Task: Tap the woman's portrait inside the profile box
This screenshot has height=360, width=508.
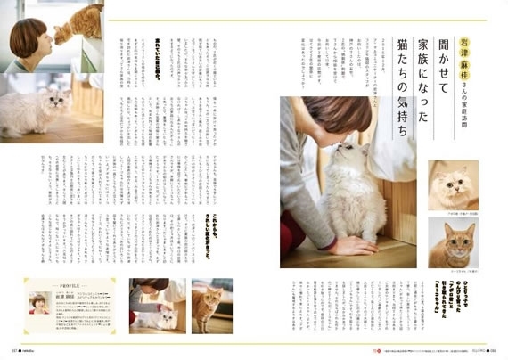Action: tap(39, 303)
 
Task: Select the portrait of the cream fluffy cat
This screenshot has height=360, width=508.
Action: tap(452, 185)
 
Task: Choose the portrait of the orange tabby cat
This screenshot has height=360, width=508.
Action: tap(452, 242)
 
